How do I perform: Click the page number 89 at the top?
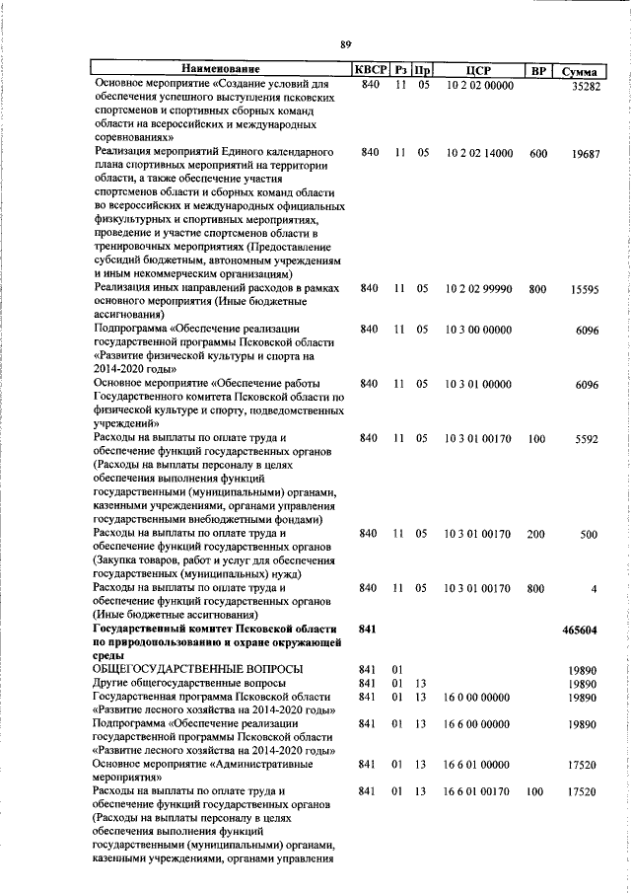(346, 44)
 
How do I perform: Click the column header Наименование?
(220, 70)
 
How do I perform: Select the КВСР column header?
(370, 70)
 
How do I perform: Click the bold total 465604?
(580, 629)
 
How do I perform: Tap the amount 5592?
(588, 437)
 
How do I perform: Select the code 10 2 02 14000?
(479, 153)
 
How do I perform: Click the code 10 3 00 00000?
(477, 329)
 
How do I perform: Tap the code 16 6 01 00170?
(477, 791)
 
